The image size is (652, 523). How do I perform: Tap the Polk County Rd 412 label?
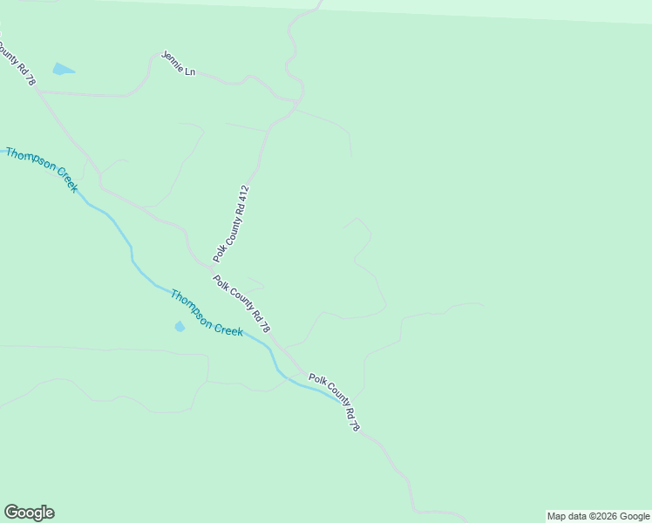click(x=233, y=224)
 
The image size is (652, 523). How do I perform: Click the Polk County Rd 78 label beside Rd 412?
click(x=242, y=303)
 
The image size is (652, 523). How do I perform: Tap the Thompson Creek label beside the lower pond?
click(x=206, y=313)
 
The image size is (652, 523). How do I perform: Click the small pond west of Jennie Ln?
click(x=63, y=69)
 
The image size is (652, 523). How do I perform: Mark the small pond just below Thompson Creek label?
click(x=180, y=327)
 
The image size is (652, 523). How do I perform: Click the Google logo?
click(x=29, y=513)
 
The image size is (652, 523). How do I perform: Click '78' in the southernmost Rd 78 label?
click(x=353, y=425)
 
